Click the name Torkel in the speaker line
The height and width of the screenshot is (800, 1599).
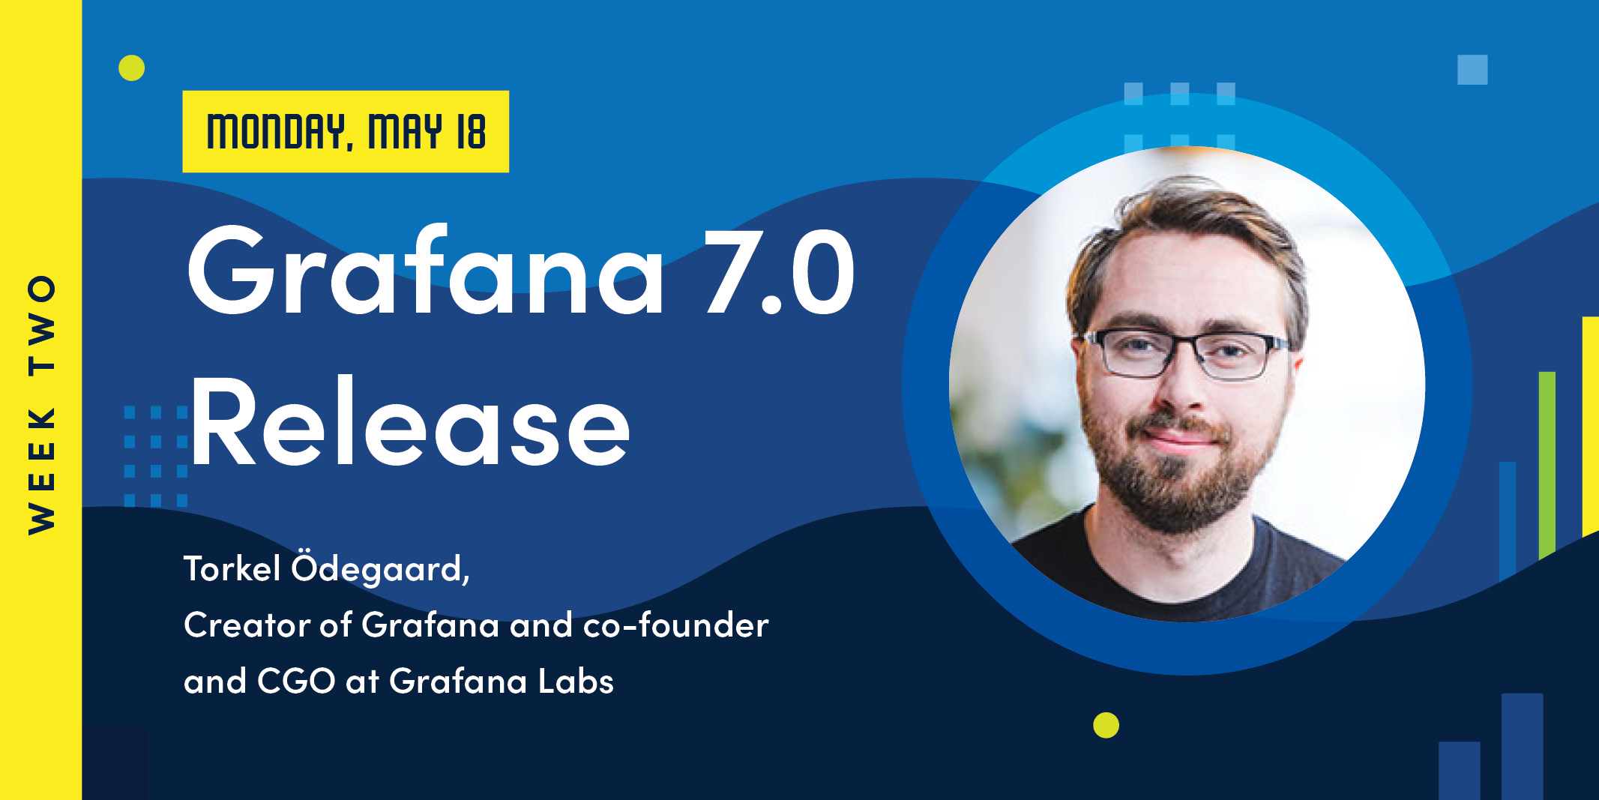(x=232, y=568)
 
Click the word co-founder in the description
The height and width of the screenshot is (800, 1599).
(x=675, y=625)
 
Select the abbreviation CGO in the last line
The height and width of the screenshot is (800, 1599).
(x=296, y=681)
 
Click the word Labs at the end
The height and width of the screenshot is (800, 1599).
(x=576, y=681)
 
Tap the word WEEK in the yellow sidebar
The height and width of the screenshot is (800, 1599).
(x=41, y=470)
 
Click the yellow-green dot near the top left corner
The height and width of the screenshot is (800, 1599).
(x=131, y=67)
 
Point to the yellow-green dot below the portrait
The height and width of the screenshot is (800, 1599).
(x=1106, y=725)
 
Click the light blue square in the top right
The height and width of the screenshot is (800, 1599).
(x=1472, y=70)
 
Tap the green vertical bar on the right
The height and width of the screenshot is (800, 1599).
(x=1547, y=465)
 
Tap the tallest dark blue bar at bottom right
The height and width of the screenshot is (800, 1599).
(x=1522, y=746)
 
